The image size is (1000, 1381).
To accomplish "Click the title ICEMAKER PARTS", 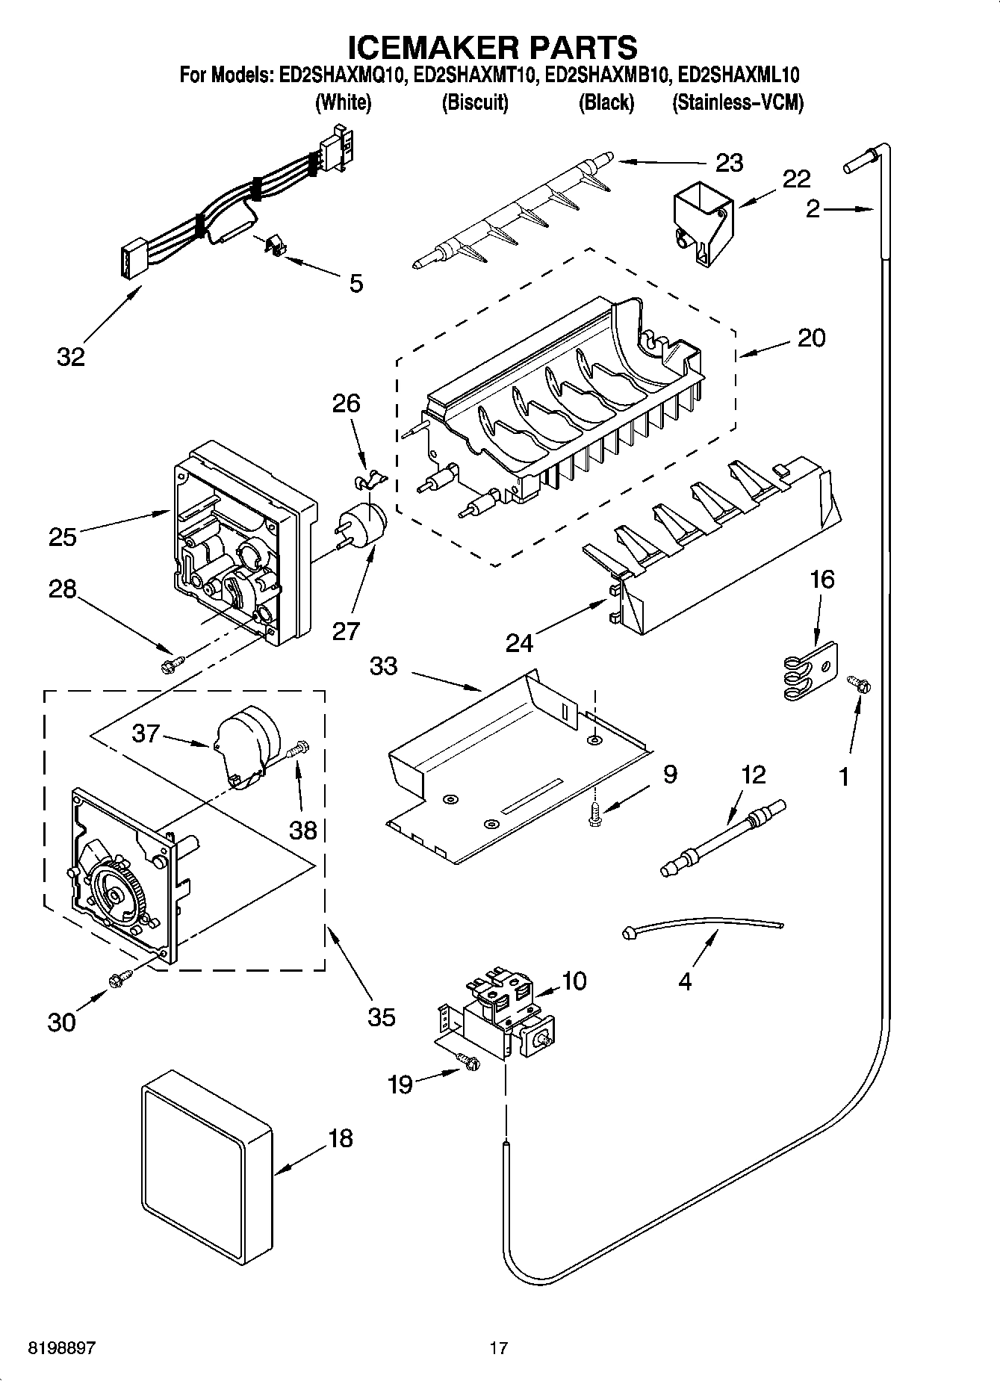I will pos(493,46).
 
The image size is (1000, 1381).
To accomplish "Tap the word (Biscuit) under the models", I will pos(475,102).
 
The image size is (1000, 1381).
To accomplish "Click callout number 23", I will pos(729,163).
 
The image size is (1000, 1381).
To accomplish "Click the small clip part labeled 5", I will pos(276,244).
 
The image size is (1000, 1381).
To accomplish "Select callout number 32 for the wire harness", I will pos(71,357).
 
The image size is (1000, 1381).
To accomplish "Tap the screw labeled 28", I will pos(172,662).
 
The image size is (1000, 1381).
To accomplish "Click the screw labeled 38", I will pos(299,747).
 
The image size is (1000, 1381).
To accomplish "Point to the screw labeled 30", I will pos(119,979).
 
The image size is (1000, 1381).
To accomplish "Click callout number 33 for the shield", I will pos(384,665).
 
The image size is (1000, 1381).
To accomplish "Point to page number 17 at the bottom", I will pos(498,1348).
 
